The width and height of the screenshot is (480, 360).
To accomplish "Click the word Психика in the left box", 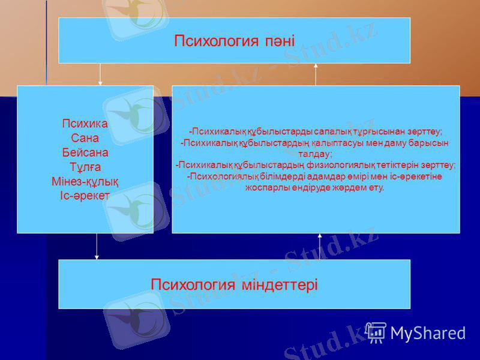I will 85,124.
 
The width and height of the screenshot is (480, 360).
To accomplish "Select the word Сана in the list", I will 85,138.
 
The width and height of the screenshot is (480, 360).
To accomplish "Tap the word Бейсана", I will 85,152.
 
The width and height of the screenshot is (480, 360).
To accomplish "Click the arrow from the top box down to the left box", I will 100,74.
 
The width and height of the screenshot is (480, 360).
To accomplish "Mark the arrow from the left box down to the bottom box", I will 97,246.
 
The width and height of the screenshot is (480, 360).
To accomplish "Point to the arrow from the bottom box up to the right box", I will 320,246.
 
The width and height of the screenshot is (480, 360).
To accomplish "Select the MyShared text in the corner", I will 428,333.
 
